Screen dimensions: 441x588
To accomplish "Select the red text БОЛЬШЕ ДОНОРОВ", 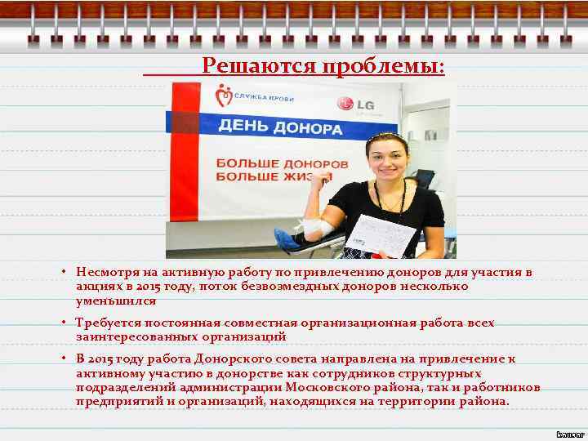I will click(281, 163).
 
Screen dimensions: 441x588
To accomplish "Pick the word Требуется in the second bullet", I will click(105, 323).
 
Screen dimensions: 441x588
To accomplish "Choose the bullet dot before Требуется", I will click(62, 323).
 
